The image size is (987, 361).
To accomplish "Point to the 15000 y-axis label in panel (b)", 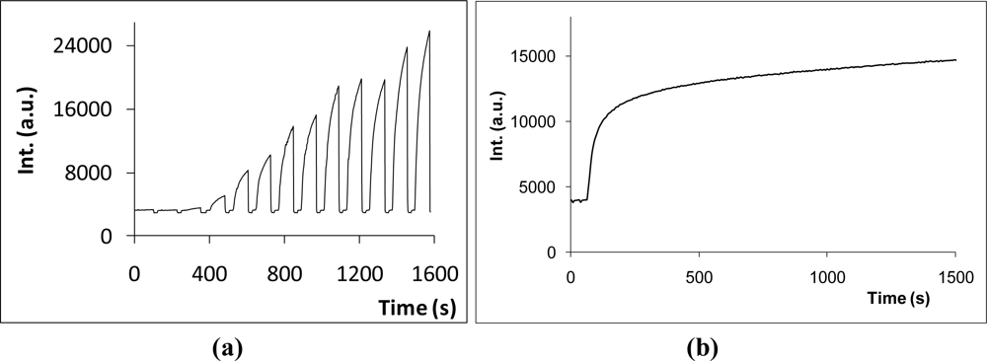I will pos(538,56).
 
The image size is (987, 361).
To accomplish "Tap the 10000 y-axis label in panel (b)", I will pos(538,121).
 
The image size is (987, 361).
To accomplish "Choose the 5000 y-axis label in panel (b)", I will pos(542,187).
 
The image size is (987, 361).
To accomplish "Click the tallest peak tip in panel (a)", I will pos(429,31).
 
